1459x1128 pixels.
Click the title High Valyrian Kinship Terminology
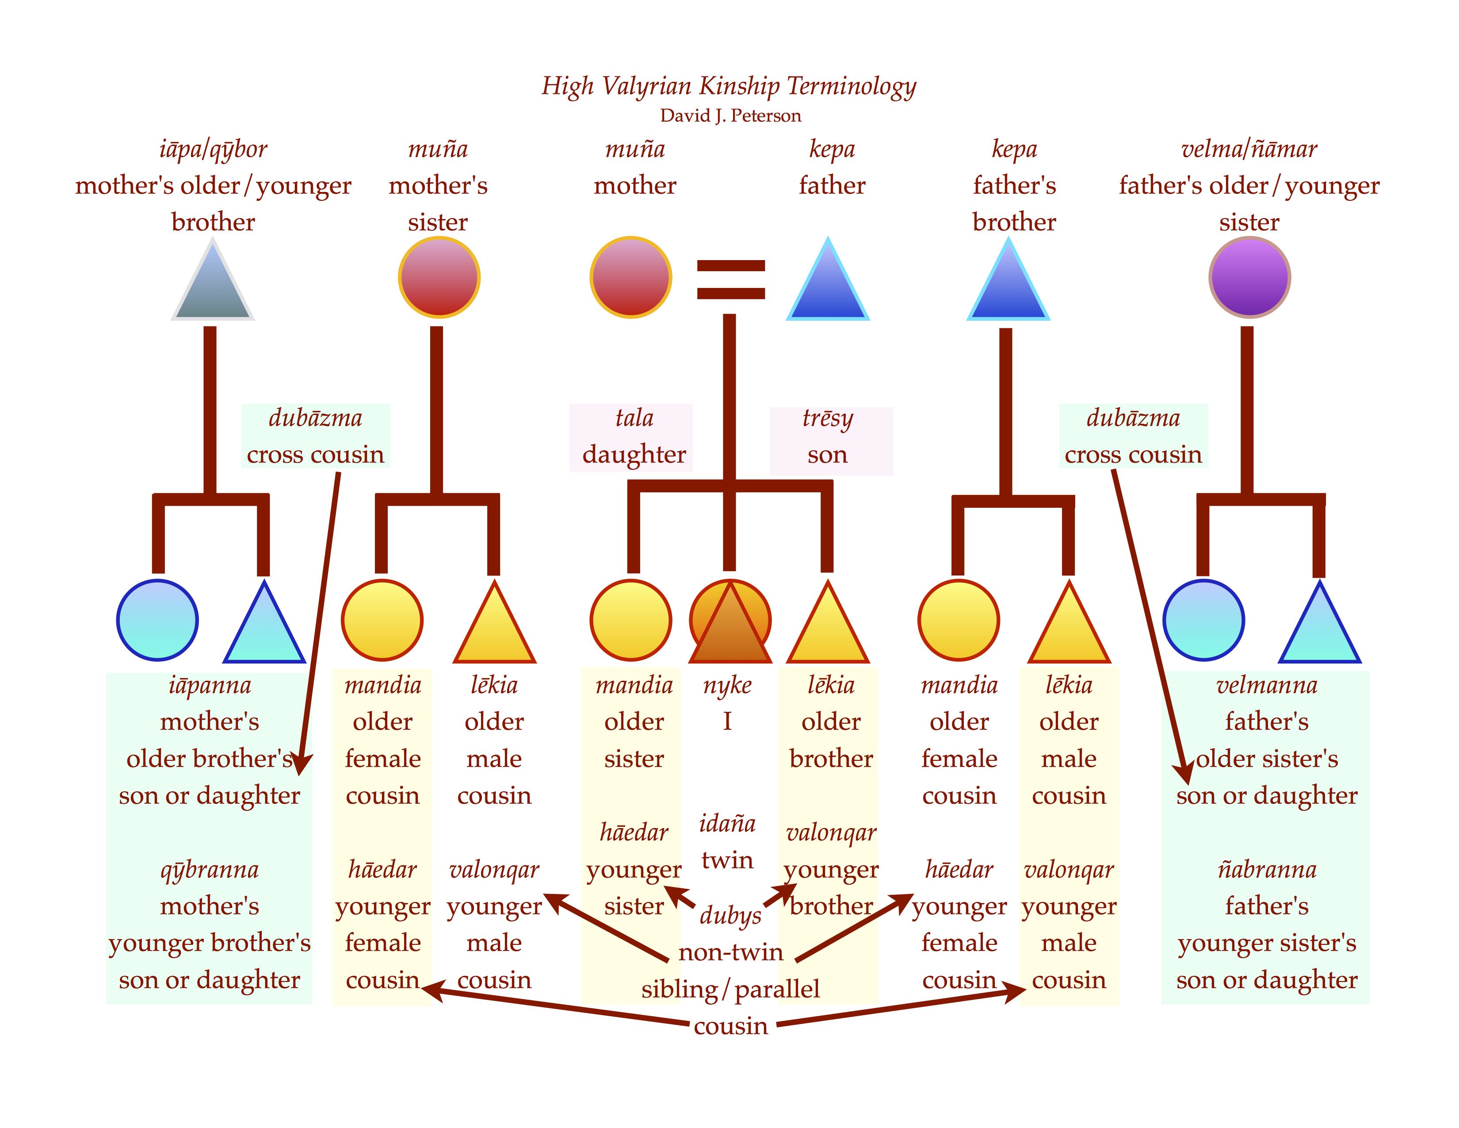(729, 86)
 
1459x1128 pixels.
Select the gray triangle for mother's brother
(212, 280)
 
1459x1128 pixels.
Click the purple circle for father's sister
(1249, 277)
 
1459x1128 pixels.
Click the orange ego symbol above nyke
(730, 622)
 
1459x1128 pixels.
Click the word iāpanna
(210, 686)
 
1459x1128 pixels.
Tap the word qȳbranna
(209, 870)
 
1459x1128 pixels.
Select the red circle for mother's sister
(439, 277)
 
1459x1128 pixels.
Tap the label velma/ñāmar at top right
(1249, 149)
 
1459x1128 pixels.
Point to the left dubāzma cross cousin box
(315, 436)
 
